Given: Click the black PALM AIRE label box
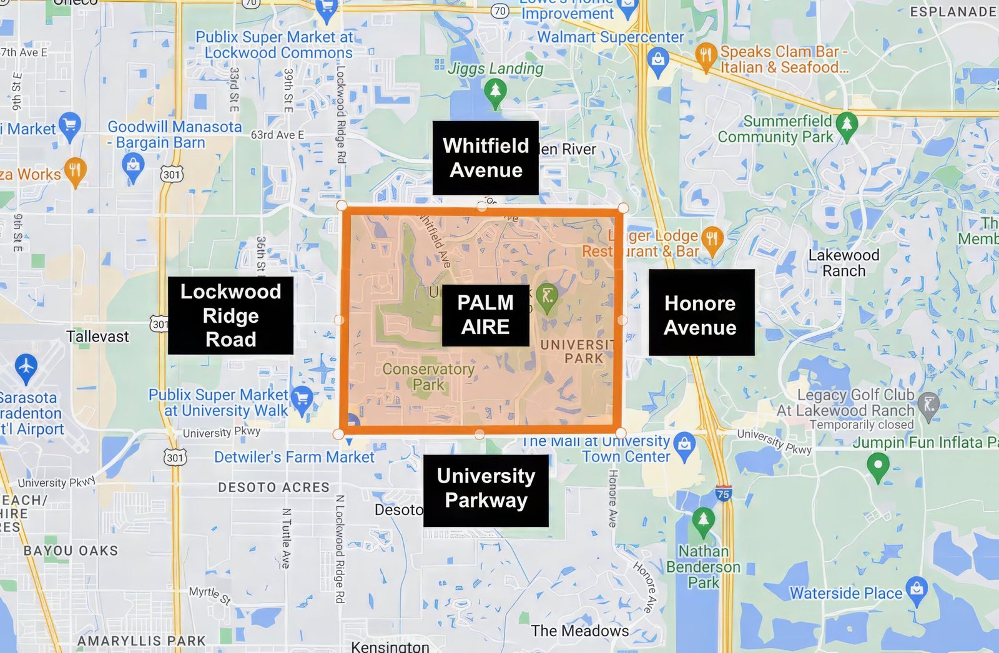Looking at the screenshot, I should [485, 315].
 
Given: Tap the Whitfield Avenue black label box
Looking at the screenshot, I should [485, 158].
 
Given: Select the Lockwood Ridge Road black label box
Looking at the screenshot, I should [230, 315].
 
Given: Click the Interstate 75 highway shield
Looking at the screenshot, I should [723, 493].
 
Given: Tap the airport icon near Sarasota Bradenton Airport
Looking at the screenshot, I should [26, 367].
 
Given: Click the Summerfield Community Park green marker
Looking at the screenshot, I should [847, 124].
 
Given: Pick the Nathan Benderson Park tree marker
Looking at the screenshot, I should [703, 521].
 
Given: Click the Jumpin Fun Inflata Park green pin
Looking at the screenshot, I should [878, 466].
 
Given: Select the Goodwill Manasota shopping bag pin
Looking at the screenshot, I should [133, 167].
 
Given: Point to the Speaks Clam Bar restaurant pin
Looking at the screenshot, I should [706, 56].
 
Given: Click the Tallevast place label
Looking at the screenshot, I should [97, 336].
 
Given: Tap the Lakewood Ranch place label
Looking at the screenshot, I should [844, 263].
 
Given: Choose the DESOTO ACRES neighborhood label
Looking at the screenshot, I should [273, 488].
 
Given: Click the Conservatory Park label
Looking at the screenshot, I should [428, 376].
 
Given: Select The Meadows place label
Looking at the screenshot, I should [580, 631].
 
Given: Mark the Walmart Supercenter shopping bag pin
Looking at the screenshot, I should [657, 61].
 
